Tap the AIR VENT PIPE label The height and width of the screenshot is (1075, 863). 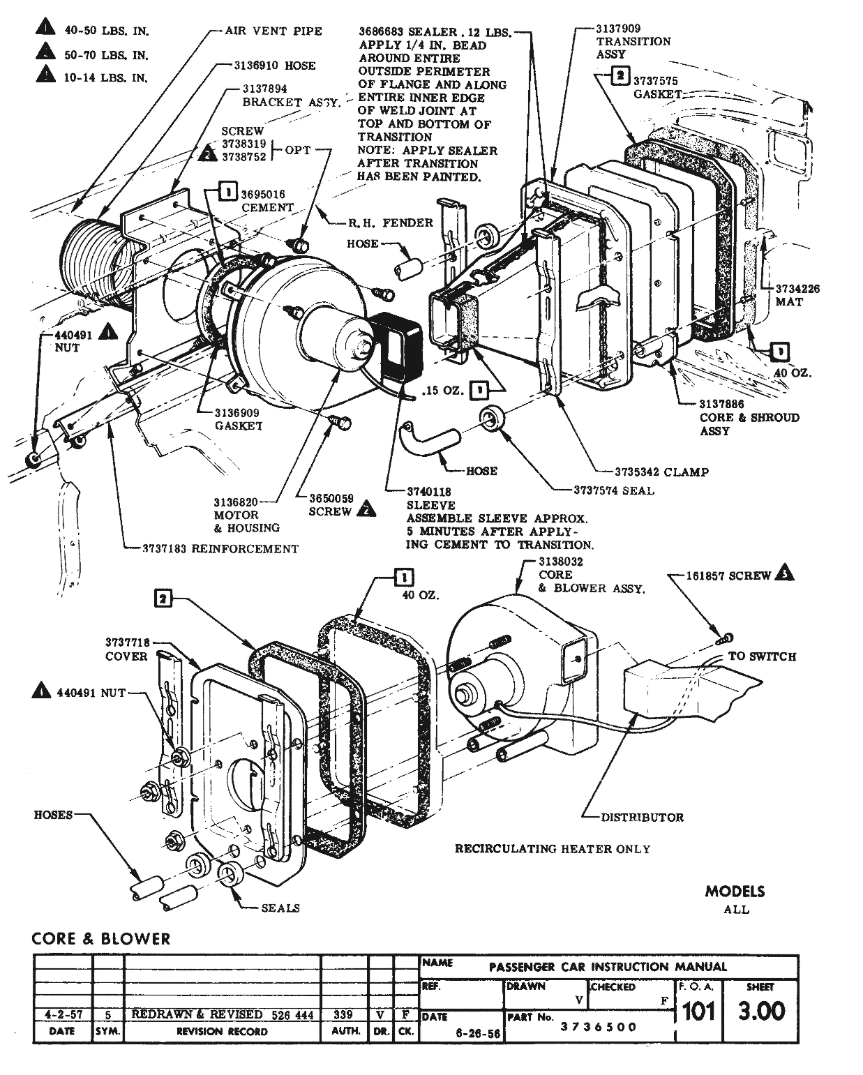[x=273, y=31]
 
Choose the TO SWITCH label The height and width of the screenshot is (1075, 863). [x=762, y=656]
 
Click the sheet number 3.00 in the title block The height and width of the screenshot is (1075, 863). [x=761, y=1011]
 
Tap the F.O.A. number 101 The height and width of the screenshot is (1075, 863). [x=698, y=1011]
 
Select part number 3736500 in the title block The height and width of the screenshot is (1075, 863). [x=599, y=1027]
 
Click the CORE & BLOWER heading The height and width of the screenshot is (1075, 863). [x=101, y=939]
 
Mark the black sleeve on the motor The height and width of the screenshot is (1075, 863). [x=396, y=347]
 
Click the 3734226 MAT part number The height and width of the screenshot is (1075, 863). [x=797, y=289]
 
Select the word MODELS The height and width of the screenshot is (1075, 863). [x=735, y=892]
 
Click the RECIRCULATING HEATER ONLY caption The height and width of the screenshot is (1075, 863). [x=552, y=849]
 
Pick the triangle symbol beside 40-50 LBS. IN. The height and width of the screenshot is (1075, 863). [x=45, y=30]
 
